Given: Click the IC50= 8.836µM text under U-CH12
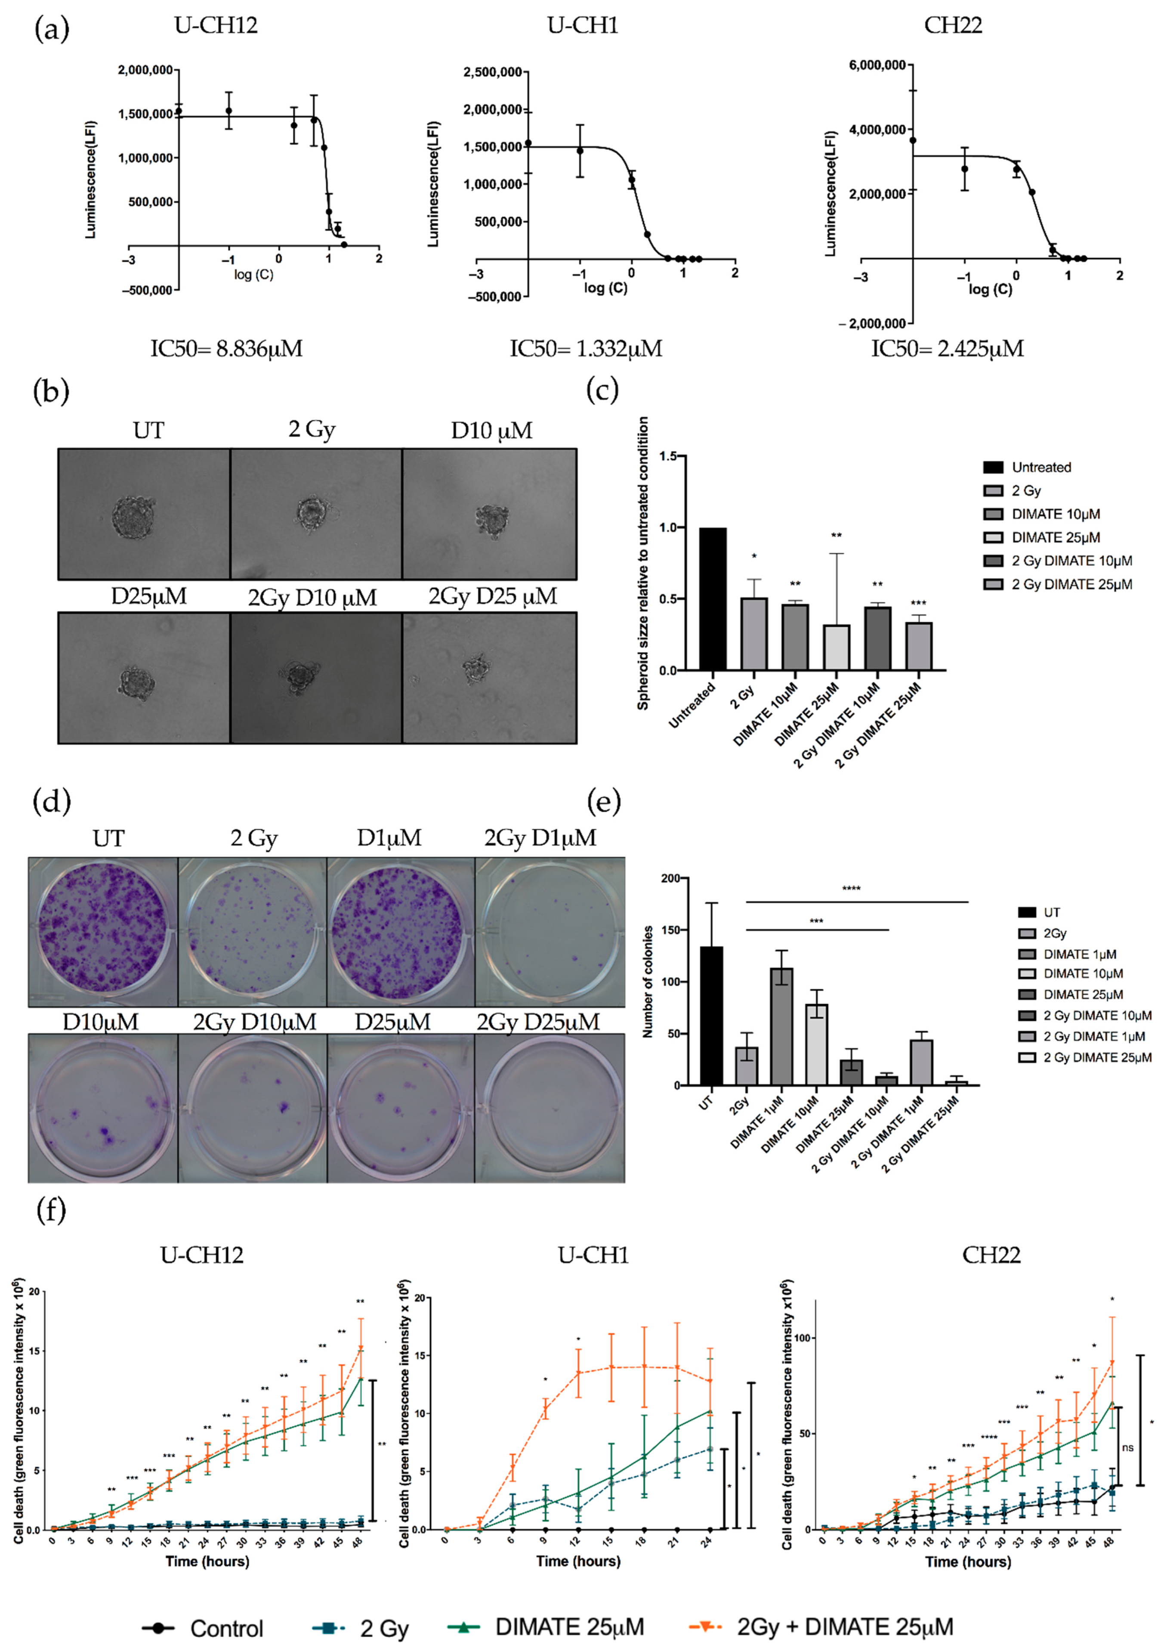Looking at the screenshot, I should [226, 349].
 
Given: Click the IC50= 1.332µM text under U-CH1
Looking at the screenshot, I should [586, 349].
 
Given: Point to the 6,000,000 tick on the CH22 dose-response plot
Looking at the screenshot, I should [877, 65].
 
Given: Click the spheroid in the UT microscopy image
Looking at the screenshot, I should [133, 516].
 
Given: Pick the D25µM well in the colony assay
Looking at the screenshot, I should [401, 1109].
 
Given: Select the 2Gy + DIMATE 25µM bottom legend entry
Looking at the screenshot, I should [821, 1627].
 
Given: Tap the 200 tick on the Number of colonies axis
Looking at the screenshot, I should [670, 878].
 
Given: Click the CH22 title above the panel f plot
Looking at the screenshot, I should [991, 1255].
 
